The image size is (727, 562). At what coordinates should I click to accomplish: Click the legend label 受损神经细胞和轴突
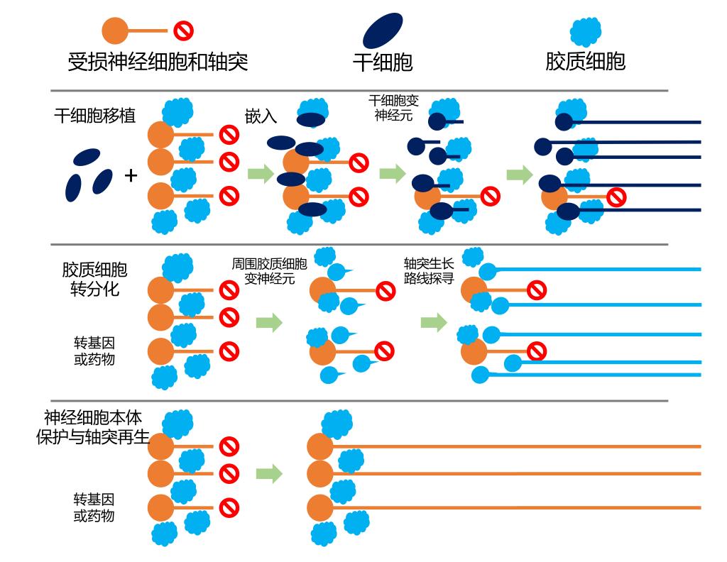coord(158,62)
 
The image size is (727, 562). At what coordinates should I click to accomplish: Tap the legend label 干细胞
coord(383,62)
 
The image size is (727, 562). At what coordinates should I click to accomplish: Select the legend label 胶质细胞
coord(585,61)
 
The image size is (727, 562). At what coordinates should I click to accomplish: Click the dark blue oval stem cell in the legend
coord(383,31)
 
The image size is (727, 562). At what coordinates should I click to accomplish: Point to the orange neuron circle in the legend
coord(114,31)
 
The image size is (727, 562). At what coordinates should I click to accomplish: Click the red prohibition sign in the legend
coord(184,31)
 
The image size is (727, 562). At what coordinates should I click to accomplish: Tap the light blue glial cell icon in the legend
coord(586,31)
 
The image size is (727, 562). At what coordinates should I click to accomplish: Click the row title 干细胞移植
coord(94,116)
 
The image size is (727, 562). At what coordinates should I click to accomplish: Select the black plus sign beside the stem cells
coord(131,175)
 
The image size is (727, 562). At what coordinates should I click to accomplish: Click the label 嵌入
coord(261,116)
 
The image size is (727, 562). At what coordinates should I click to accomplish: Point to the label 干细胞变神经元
coord(393,108)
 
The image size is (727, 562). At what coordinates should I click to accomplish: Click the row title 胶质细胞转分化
coord(94,280)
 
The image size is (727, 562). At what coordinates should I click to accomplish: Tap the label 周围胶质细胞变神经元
coord(269,271)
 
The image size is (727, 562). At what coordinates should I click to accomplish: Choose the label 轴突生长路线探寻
coord(429,270)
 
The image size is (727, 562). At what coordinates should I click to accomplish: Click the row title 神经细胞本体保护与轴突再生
coord(93,427)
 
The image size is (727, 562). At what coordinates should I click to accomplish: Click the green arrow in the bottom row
coord(269,473)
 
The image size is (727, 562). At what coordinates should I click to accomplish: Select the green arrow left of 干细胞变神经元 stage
coord(393,174)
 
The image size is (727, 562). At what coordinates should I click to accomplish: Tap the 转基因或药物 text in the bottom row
coord(94,507)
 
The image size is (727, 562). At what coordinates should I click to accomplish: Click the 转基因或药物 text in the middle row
coord(94,351)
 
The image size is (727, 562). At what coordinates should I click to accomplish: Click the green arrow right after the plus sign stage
coord(261,174)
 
